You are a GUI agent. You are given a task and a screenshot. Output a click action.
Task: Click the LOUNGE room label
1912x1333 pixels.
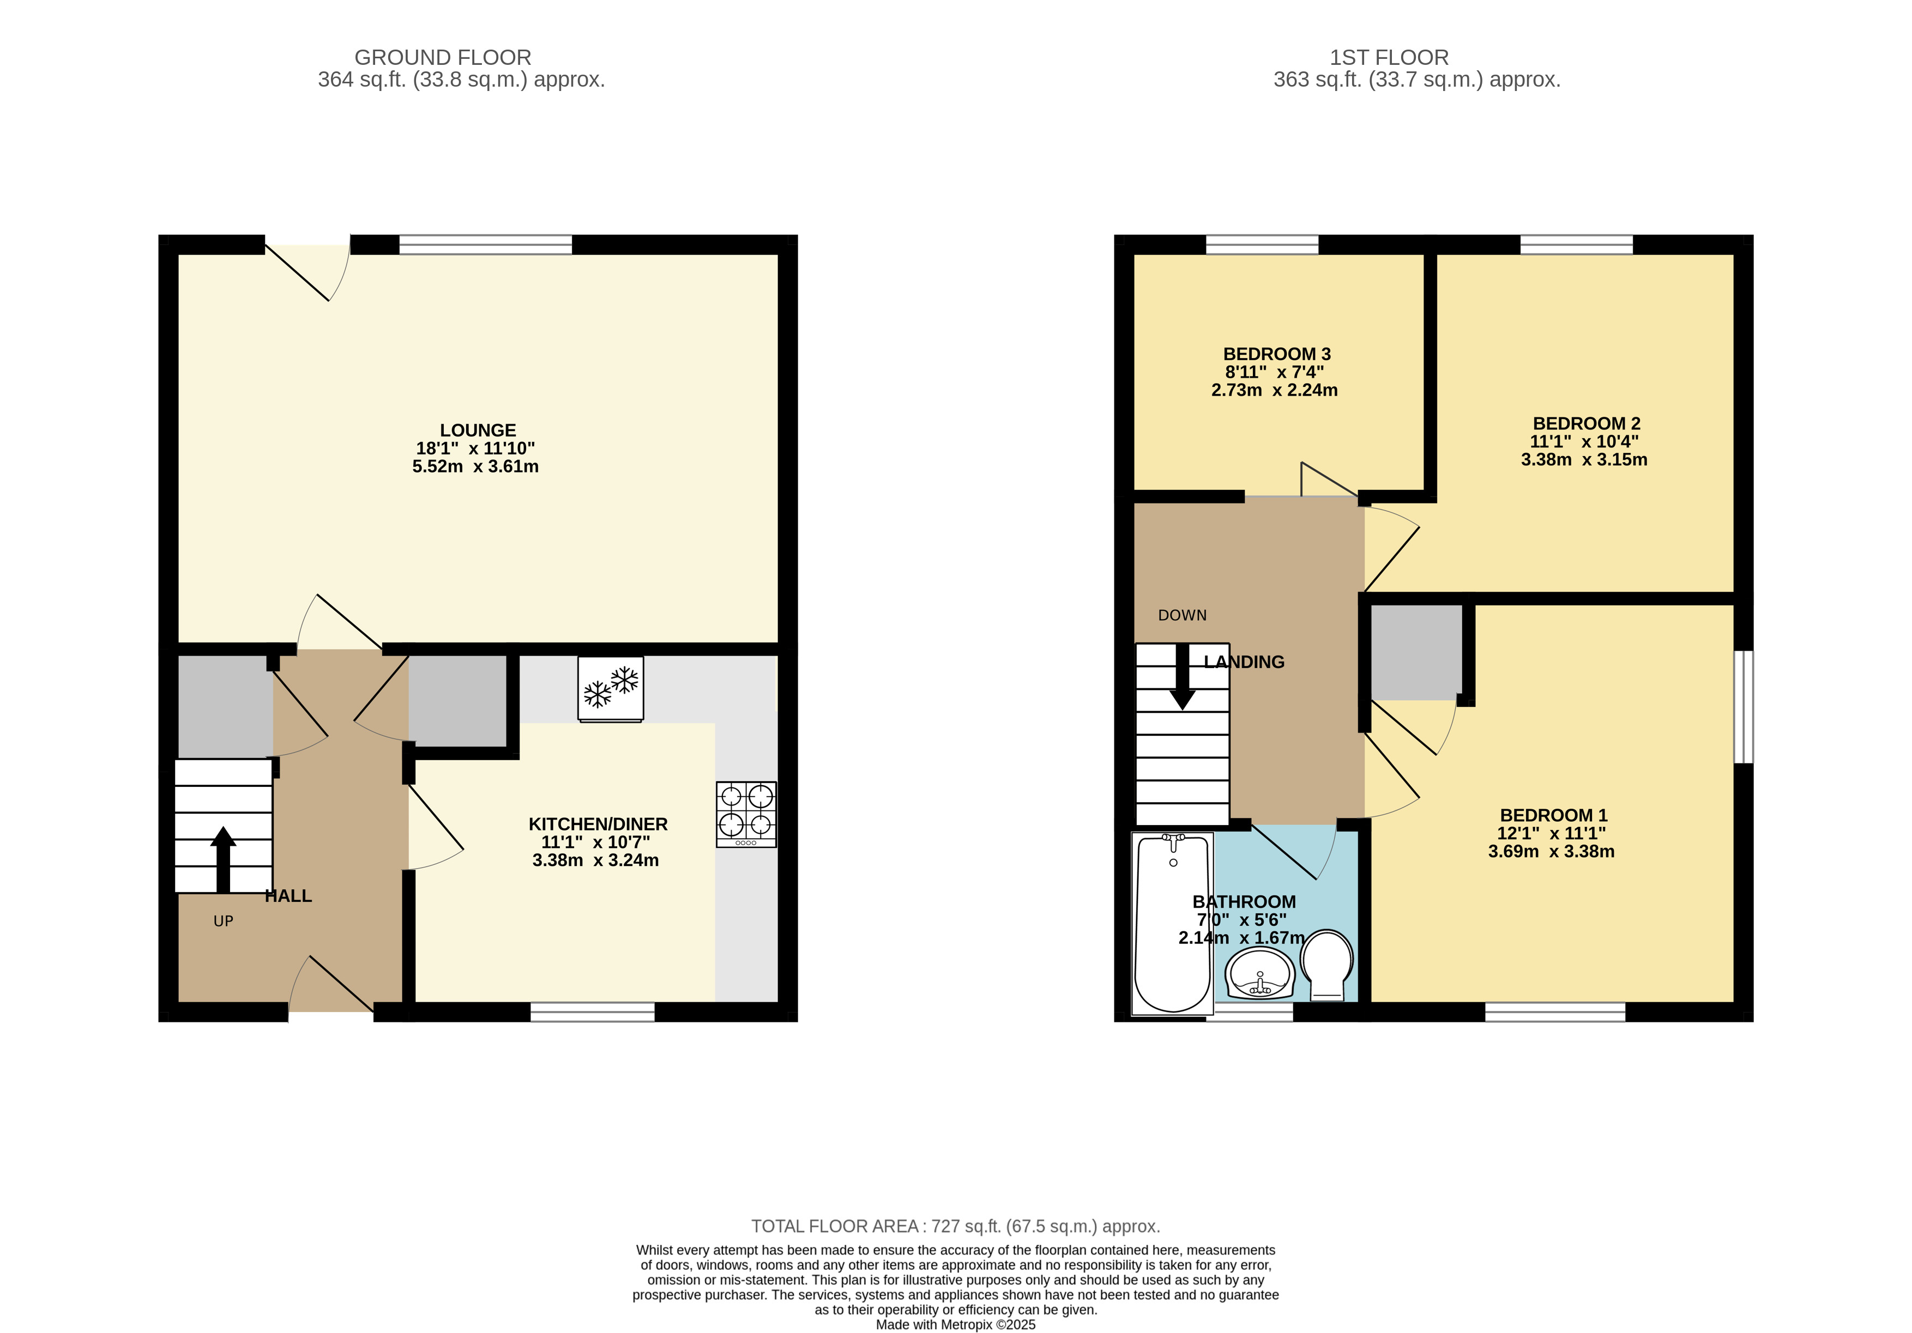pyautogui.click(x=478, y=431)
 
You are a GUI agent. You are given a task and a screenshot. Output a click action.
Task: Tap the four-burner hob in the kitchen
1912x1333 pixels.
pyautogui.click(x=746, y=814)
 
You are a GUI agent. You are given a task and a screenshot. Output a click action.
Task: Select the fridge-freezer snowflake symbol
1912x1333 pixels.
pyautogui.click(x=611, y=688)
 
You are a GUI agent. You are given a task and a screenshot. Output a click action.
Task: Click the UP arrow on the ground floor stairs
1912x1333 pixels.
pyautogui.click(x=222, y=860)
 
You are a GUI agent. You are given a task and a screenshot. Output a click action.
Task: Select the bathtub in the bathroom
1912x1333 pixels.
pyautogui.click(x=1173, y=923)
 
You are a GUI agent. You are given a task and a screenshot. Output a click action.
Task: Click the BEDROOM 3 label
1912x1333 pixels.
pyautogui.click(x=1277, y=354)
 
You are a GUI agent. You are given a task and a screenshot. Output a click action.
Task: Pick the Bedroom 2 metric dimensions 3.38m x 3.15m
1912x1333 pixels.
pyautogui.click(x=1584, y=459)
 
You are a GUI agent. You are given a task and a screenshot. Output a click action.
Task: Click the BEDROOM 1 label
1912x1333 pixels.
pyautogui.click(x=1554, y=815)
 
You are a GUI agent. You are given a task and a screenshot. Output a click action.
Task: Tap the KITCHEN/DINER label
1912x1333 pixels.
pyautogui.click(x=598, y=825)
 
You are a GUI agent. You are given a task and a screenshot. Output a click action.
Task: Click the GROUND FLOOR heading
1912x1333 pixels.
pyautogui.click(x=443, y=57)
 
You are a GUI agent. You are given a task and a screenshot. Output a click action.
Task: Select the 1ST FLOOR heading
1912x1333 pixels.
pyautogui.click(x=1389, y=57)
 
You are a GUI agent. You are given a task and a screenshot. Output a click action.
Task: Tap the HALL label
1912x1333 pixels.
pyautogui.click(x=288, y=896)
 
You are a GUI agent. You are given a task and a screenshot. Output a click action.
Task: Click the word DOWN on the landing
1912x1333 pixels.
pyautogui.click(x=1183, y=615)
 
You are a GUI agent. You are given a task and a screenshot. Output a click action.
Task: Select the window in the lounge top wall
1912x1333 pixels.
pyautogui.click(x=485, y=245)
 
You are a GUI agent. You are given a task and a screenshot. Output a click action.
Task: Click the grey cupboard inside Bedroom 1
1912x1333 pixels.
pyautogui.click(x=1416, y=652)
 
